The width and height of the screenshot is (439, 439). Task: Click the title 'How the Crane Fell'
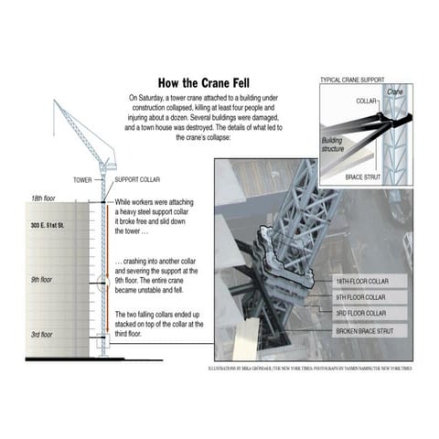pos(211,80)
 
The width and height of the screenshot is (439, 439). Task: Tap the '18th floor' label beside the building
pos(44,198)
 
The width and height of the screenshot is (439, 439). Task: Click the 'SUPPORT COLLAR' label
pos(137,180)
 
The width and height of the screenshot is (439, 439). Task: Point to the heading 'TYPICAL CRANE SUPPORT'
pos(353,80)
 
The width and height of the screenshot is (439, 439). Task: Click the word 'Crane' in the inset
pos(394,92)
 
